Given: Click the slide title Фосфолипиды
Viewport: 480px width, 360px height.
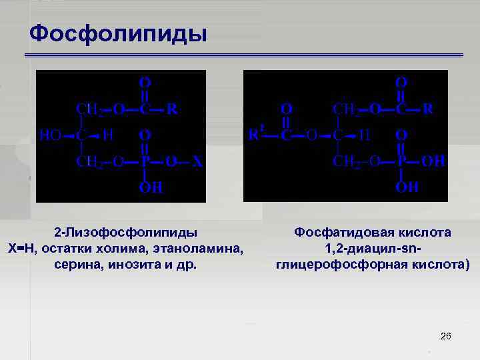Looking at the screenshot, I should click(119, 33).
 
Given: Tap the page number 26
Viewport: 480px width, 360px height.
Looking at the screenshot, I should click(446, 336).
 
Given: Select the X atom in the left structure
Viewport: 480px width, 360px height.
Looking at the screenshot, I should click(197, 161).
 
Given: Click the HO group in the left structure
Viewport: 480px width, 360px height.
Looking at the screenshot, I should click(49, 135).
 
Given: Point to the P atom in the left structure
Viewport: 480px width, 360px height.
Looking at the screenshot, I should click(145, 161).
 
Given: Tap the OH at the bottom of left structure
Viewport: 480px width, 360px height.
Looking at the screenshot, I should click(150, 187).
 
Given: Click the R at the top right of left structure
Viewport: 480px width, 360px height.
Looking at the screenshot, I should click(171, 109).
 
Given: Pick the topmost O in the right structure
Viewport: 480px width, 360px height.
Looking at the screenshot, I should click(402, 82).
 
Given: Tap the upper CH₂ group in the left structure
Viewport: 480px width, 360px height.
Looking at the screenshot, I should click(89, 109).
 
